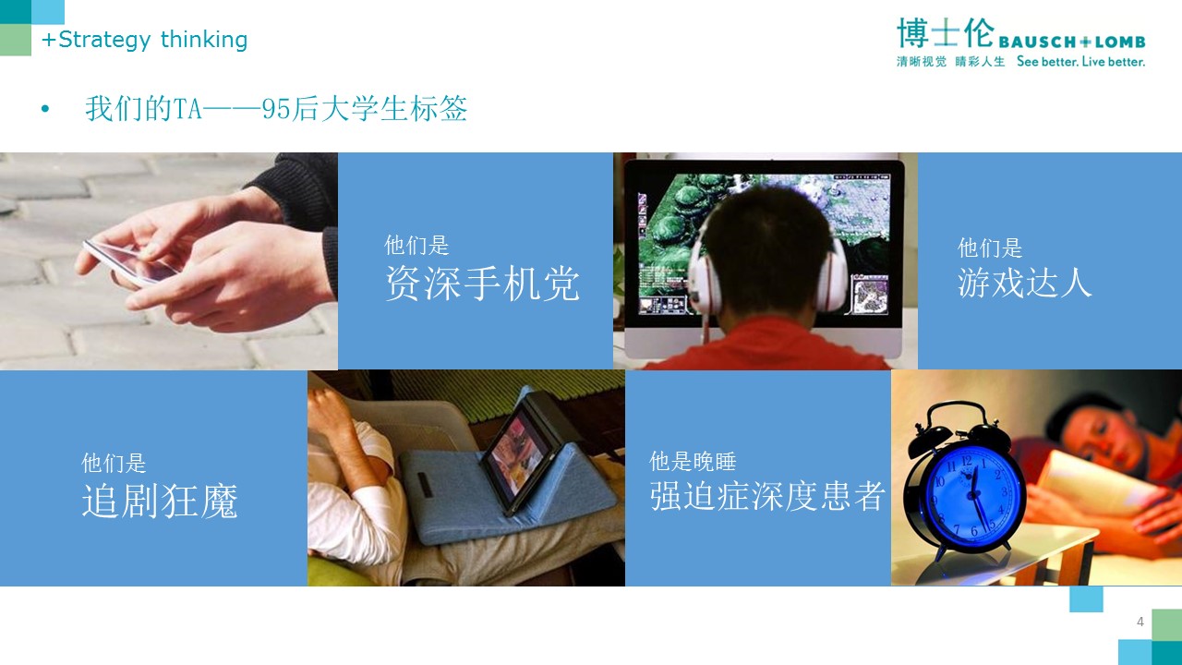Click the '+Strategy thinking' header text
point(145,40)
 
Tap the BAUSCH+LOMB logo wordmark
point(1072,42)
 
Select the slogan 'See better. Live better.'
point(1080,61)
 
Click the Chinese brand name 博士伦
point(945,32)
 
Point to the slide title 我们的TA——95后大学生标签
point(276,109)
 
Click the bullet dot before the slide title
point(45,109)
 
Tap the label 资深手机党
point(482,284)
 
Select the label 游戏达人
point(1024,283)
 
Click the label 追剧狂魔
point(160,501)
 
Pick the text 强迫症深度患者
point(766,496)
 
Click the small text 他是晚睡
point(693,461)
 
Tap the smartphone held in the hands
point(131,262)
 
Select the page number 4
point(1140,622)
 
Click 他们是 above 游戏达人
point(990,248)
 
